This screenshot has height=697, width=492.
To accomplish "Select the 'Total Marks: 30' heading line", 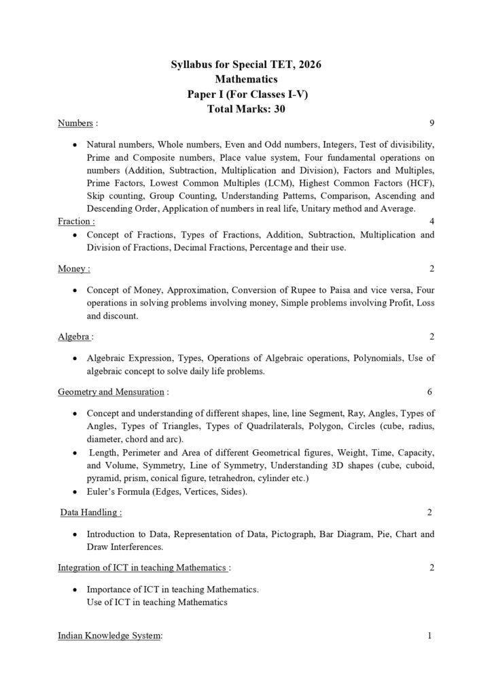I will point(245,110).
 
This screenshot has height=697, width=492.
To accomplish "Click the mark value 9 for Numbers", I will point(432,123).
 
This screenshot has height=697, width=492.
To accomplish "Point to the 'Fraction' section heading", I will point(75,221).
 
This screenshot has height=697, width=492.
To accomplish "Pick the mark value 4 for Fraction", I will point(432,221).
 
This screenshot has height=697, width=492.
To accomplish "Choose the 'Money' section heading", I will point(73,269).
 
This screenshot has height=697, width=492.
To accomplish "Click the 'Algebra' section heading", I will point(74,336).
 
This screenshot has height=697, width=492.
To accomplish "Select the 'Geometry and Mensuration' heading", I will point(111,392).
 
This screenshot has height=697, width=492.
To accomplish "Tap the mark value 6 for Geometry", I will point(429,392).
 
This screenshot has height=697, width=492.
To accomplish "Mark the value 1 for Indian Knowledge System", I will point(430,636).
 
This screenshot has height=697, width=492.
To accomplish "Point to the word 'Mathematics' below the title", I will point(245,80).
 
